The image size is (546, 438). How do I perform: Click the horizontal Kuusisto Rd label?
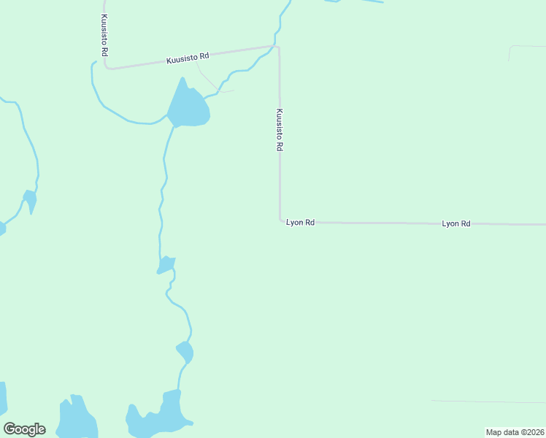[x=188, y=56]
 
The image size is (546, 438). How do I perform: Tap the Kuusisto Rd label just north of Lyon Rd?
[x=280, y=130]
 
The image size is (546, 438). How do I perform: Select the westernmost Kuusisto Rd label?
[x=104, y=34]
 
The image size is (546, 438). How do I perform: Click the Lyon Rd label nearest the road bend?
[x=300, y=222]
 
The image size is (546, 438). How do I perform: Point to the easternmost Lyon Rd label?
[x=455, y=223]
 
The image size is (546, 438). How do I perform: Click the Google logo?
[x=24, y=429]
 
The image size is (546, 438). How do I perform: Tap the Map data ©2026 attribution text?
[x=515, y=432]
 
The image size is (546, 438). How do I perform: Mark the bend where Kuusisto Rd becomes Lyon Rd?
[x=280, y=220]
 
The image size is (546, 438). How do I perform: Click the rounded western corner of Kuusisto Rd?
[x=107, y=66]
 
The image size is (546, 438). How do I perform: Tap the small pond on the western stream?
[x=30, y=199]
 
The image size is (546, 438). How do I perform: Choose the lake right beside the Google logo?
[x=77, y=420]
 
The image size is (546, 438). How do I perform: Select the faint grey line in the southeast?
[x=489, y=401]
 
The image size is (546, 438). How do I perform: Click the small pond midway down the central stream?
[x=167, y=264]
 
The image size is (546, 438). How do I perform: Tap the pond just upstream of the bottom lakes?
[x=185, y=352]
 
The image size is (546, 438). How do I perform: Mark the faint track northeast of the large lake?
[x=212, y=80]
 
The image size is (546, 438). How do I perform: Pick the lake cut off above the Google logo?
[x=2, y=398]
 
